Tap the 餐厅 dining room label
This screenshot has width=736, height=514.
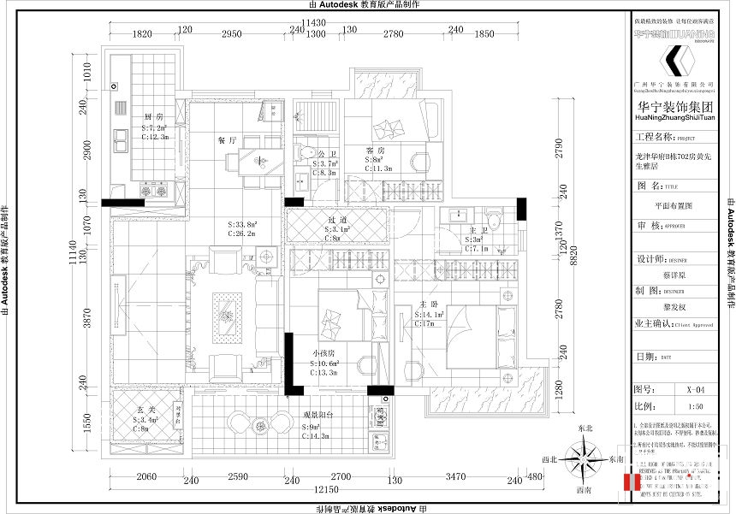226,140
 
